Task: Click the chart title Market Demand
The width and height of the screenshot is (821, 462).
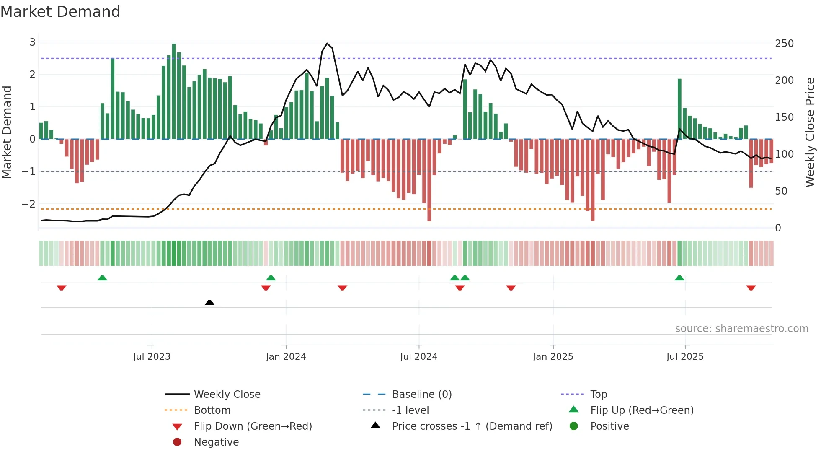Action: tap(60, 12)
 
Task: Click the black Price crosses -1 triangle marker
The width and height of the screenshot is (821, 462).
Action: tap(209, 302)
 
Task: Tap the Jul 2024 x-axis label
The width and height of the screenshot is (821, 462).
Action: tap(418, 357)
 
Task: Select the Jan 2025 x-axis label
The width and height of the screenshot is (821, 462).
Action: tap(552, 357)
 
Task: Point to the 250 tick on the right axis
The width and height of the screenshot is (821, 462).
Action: tap(784, 44)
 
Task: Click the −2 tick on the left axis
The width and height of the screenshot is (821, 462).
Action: tap(28, 204)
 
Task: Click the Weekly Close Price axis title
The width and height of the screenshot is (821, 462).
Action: tap(810, 132)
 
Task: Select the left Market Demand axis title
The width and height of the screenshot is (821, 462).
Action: tap(7, 132)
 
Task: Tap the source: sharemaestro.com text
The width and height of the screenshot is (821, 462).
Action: tap(741, 329)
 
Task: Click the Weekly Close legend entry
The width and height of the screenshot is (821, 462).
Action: tap(227, 395)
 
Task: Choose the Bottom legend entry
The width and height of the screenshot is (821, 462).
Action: tap(212, 410)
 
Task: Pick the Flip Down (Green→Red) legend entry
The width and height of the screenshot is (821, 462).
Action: tap(253, 426)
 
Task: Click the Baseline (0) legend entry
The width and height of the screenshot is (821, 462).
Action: tap(421, 395)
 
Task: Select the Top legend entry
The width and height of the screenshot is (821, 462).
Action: tap(598, 395)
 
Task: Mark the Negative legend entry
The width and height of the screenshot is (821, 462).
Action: tap(216, 442)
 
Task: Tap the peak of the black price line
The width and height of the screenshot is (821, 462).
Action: tap(327, 43)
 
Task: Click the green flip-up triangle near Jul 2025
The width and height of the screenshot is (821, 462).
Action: tap(679, 278)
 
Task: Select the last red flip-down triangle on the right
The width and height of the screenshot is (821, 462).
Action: tap(751, 288)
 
